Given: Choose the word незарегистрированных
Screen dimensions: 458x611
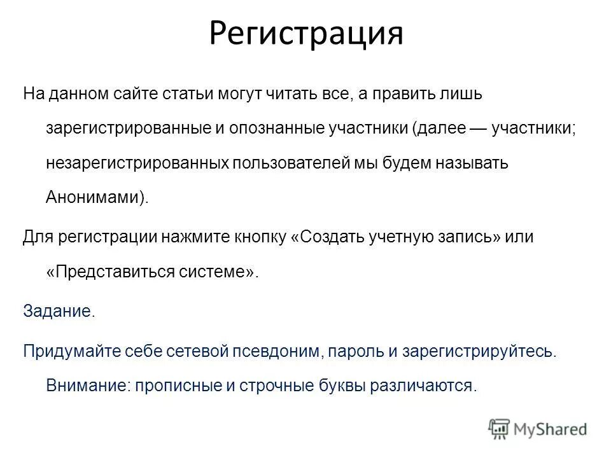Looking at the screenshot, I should (x=137, y=162).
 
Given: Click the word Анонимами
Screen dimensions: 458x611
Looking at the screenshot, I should (x=93, y=197).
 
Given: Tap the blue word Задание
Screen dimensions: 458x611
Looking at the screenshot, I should (x=57, y=311).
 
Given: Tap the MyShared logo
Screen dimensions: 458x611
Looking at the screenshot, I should (x=538, y=427).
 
